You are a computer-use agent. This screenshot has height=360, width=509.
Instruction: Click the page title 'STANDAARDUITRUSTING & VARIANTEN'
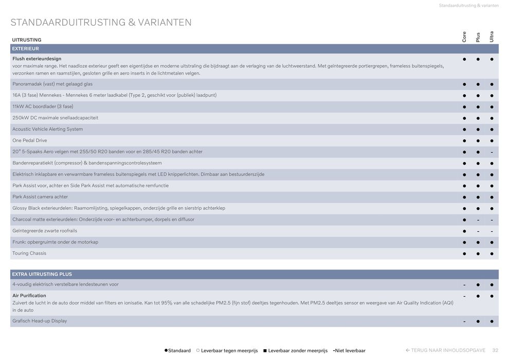[x=101, y=23]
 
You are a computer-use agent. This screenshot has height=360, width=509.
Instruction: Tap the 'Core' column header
[x=464, y=37]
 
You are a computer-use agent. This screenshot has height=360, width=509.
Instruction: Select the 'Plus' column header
[x=478, y=37]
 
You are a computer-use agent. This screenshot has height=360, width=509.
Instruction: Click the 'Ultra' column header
[x=492, y=37]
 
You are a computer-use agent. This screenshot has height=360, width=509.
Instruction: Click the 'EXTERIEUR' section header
[x=26, y=49]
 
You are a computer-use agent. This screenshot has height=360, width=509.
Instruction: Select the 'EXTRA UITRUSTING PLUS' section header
[x=42, y=275]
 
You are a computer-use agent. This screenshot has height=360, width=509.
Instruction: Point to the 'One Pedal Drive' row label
[x=30, y=140]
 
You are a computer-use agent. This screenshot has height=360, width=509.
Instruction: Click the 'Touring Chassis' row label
[x=29, y=254]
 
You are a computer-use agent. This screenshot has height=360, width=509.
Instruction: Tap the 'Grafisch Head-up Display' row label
[x=40, y=321]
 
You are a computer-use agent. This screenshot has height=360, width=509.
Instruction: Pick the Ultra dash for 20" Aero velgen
[x=492, y=152]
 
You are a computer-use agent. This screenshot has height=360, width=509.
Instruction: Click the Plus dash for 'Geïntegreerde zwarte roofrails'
[x=478, y=231]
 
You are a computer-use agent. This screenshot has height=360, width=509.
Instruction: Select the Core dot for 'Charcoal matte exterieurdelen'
[x=464, y=220]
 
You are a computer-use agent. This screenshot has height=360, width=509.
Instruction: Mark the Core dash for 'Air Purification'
[x=464, y=296]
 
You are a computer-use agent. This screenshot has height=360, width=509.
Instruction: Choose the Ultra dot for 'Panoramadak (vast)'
[x=492, y=84]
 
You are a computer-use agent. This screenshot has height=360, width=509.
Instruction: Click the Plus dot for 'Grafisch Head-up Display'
[x=478, y=321]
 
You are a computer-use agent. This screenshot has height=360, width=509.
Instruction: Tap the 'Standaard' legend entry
[x=178, y=351]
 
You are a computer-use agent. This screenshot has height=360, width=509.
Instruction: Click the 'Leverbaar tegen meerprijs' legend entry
[x=227, y=351]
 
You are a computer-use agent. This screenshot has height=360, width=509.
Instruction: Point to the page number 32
[x=495, y=351]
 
